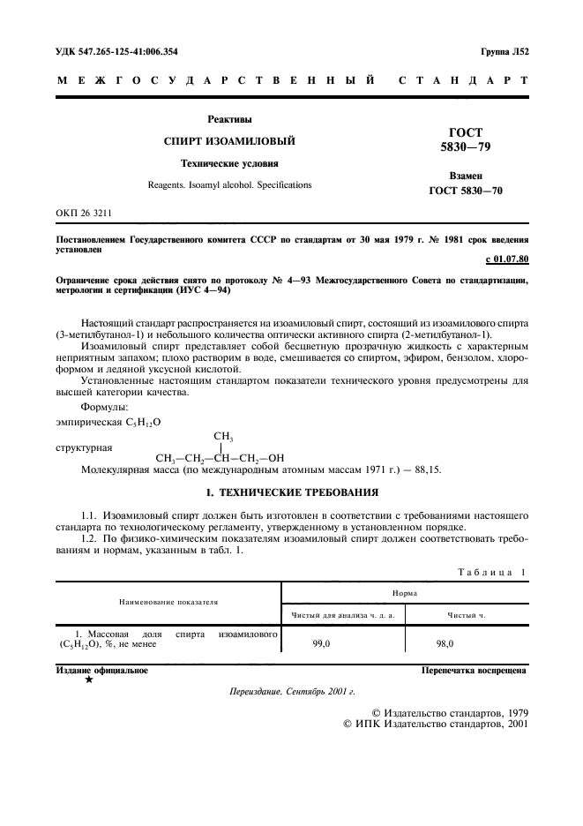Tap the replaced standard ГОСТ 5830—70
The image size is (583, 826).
click(466, 191)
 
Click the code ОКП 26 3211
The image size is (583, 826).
click(84, 214)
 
